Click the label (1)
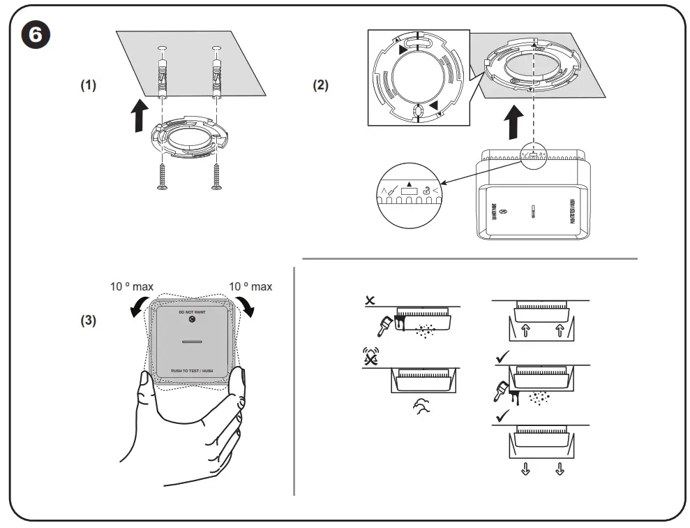click(x=88, y=85)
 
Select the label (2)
click(x=320, y=85)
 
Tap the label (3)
click(x=89, y=322)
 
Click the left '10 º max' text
click(x=131, y=286)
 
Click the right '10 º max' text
click(x=250, y=286)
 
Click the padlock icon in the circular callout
click(x=423, y=188)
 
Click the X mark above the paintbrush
click(x=370, y=300)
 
